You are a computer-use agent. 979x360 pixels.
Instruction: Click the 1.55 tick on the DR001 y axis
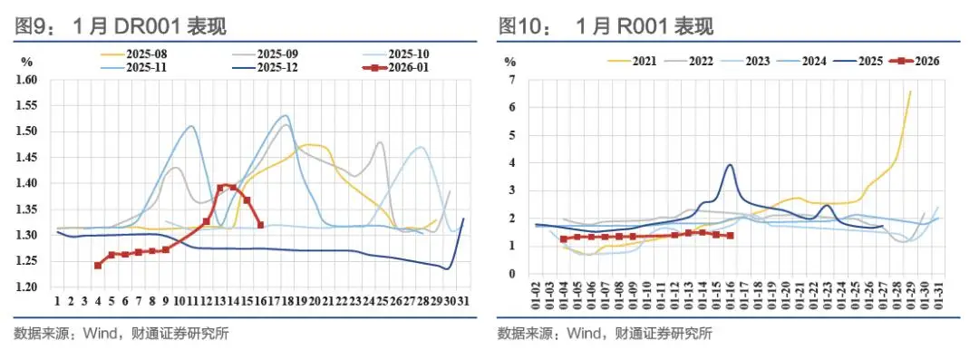click(x=26, y=106)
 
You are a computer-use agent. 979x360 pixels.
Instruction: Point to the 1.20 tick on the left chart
click(x=26, y=287)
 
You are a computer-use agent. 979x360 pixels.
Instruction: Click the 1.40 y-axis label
click(x=26, y=183)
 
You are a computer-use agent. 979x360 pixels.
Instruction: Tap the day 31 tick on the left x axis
click(x=463, y=301)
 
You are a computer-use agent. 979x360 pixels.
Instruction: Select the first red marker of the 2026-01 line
click(x=98, y=266)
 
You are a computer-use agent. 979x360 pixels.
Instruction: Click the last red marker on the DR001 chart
click(x=261, y=225)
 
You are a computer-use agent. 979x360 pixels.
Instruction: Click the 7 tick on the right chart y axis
click(x=511, y=80)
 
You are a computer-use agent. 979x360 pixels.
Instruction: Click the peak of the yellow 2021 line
click(x=910, y=91)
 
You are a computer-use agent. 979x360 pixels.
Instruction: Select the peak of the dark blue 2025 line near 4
click(x=730, y=165)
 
